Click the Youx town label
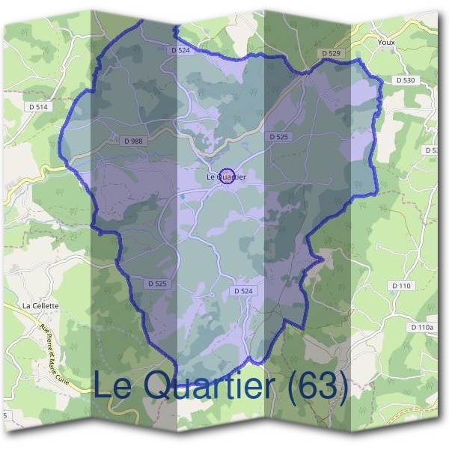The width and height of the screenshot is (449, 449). (386, 43)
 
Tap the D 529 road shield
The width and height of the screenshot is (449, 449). (332, 54)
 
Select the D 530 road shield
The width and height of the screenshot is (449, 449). (405, 79)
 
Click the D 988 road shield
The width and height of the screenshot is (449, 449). (132, 141)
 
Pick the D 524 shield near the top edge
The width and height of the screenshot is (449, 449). (180, 50)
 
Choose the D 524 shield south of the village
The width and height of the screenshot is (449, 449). (243, 290)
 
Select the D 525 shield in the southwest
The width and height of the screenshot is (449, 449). (157, 284)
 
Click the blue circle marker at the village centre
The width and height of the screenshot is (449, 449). (227, 175)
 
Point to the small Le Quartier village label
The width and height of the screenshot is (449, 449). (226, 177)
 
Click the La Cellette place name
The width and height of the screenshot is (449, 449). (40, 305)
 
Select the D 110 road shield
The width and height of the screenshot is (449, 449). (402, 286)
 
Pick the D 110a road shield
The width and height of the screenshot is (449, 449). (421, 328)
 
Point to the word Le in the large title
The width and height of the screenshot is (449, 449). (113, 385)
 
